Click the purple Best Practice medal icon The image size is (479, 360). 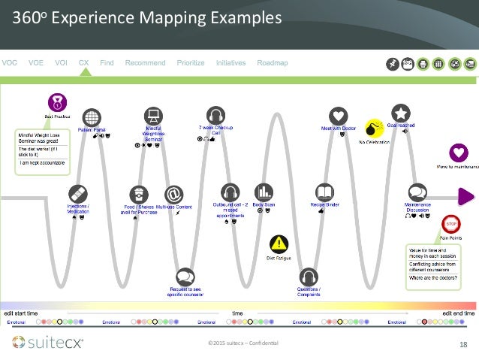[56, 101]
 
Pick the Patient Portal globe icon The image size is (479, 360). [92, 117]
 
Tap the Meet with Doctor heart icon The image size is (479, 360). [338, 116]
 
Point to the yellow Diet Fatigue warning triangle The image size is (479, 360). [279, 244]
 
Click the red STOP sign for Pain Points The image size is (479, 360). [452, 223]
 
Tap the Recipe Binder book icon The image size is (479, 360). [324, 192]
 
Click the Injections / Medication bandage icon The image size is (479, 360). [77, 193]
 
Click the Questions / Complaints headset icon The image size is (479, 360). [309, 277]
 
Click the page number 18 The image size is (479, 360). [464, 344]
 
